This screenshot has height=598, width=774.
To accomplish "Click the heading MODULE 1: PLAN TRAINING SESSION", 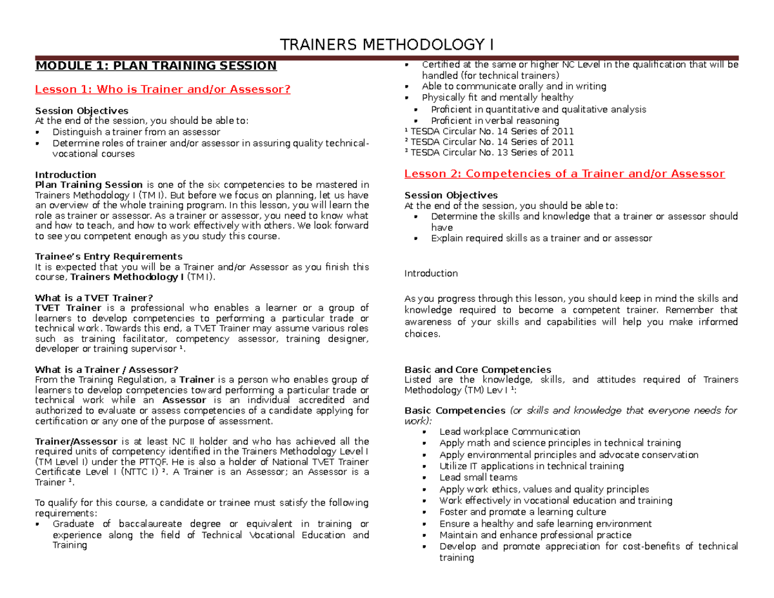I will click(x=156, y=65).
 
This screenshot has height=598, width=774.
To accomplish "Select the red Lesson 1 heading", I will click(x=163, y=89).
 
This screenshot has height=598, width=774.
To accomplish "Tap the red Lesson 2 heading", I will click(x=564, y=174).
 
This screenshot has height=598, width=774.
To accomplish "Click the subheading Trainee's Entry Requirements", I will click(x=108, y=256).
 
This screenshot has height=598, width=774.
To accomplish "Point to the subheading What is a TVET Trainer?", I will click(x=94, y=297).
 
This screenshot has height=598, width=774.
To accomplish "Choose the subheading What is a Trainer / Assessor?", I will click(x=106, y=369).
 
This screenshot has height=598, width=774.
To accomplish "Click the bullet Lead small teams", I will click(x=478, y=477).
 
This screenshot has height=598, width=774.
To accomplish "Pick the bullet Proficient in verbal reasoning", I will click(x=495, y=121).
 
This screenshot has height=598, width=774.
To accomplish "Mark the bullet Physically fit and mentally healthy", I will click(x=497, y=97).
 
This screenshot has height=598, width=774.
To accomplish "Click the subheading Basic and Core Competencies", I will click(x=477, y=370).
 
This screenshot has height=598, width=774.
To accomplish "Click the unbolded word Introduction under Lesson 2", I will click(x=430, y=274).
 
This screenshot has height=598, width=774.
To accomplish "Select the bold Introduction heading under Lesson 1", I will click(x=65, y=175).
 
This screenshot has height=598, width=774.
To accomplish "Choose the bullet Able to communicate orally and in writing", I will click(x=513, y=86).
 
